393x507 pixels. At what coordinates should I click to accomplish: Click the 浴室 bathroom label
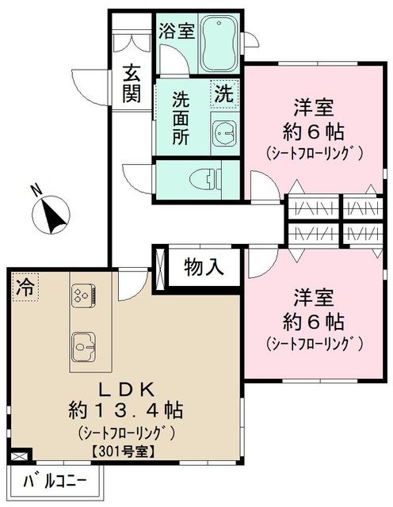176,32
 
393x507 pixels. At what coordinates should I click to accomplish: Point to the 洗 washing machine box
225,93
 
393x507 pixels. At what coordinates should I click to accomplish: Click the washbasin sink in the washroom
223,132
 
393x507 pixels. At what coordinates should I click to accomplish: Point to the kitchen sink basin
82,345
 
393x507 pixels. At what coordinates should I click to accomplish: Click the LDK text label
125,389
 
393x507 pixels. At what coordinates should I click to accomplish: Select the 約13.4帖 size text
125,411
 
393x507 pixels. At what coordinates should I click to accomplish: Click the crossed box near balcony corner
21,456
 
